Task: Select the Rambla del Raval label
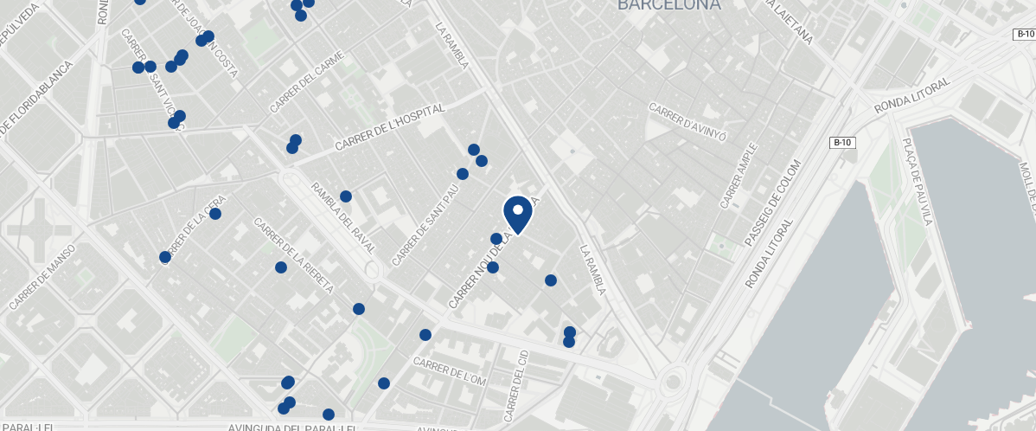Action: [x=343, y=217]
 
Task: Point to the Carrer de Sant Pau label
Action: [x=425, y=224]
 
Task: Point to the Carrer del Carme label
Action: [x=306, y=82]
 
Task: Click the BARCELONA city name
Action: [x=668, y=5]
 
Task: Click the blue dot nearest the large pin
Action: [x=496, y=239]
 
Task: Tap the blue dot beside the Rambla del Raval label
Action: [x=346, y=196]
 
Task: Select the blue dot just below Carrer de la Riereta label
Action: [x=281, y=267]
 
